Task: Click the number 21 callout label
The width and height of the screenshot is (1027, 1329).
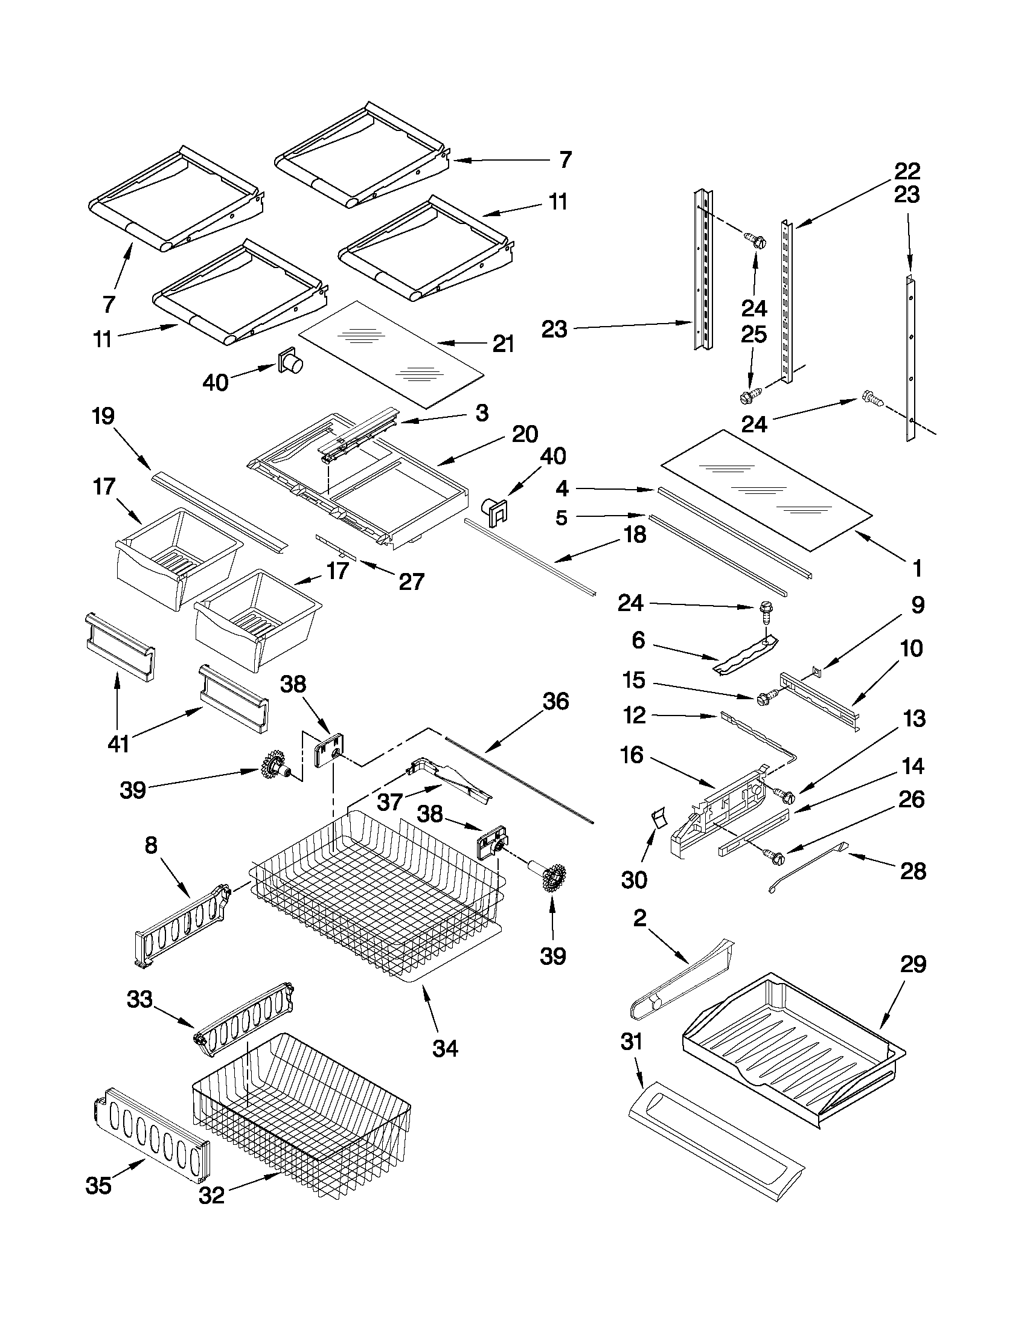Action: pos(503,344)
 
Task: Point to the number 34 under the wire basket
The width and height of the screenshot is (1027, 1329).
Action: pos(446,1048)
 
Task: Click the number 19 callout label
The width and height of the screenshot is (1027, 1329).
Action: pos(103,417)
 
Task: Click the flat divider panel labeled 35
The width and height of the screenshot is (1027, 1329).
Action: pos(151,1130)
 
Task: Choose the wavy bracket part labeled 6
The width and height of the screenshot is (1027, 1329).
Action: pos(745,655)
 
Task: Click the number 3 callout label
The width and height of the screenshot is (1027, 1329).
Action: pos(481,413)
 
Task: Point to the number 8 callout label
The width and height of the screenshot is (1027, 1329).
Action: pos(150,845)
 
